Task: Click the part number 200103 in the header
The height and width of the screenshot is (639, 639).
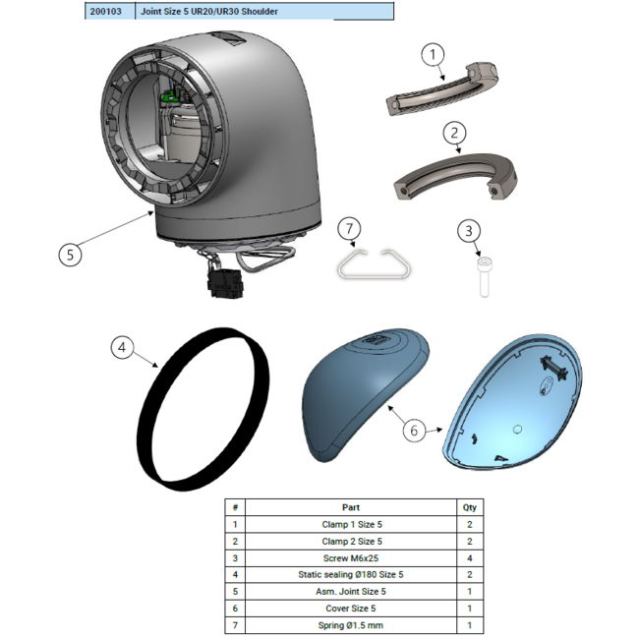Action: click(x=105, y=12)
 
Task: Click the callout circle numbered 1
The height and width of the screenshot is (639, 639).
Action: click(x=433, y=55)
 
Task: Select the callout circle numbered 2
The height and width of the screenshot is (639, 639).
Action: click(x=454, y=133)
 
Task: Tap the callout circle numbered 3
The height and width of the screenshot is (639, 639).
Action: click(x=469, y=231)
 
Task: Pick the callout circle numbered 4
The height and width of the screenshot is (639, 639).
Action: click(x=122, y=348)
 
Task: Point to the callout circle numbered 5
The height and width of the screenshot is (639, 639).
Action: click(x=70, y=256)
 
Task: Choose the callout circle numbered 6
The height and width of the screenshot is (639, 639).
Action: click(x=414, y=431)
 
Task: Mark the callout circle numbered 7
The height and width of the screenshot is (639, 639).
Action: click(x=349, y=229)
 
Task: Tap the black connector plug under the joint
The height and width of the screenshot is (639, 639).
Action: click(x=226, y=284)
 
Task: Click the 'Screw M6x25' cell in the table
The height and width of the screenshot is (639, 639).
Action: click(x=351, y=558)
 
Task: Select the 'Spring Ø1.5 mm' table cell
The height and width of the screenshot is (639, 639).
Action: click(x=351, y=625)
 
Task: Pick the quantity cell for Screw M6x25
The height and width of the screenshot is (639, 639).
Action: click(x=470, y=558)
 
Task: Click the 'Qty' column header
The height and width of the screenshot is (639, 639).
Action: click(x=470, y=507)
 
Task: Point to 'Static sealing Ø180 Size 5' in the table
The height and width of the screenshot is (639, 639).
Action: click(x=351, y=575)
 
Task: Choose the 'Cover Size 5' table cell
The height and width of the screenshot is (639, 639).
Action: click(x=351, y=609)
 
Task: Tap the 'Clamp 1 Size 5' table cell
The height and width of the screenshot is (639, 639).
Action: click(x=351, y=525)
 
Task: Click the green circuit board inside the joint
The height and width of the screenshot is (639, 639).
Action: click(x=168, y=97)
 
